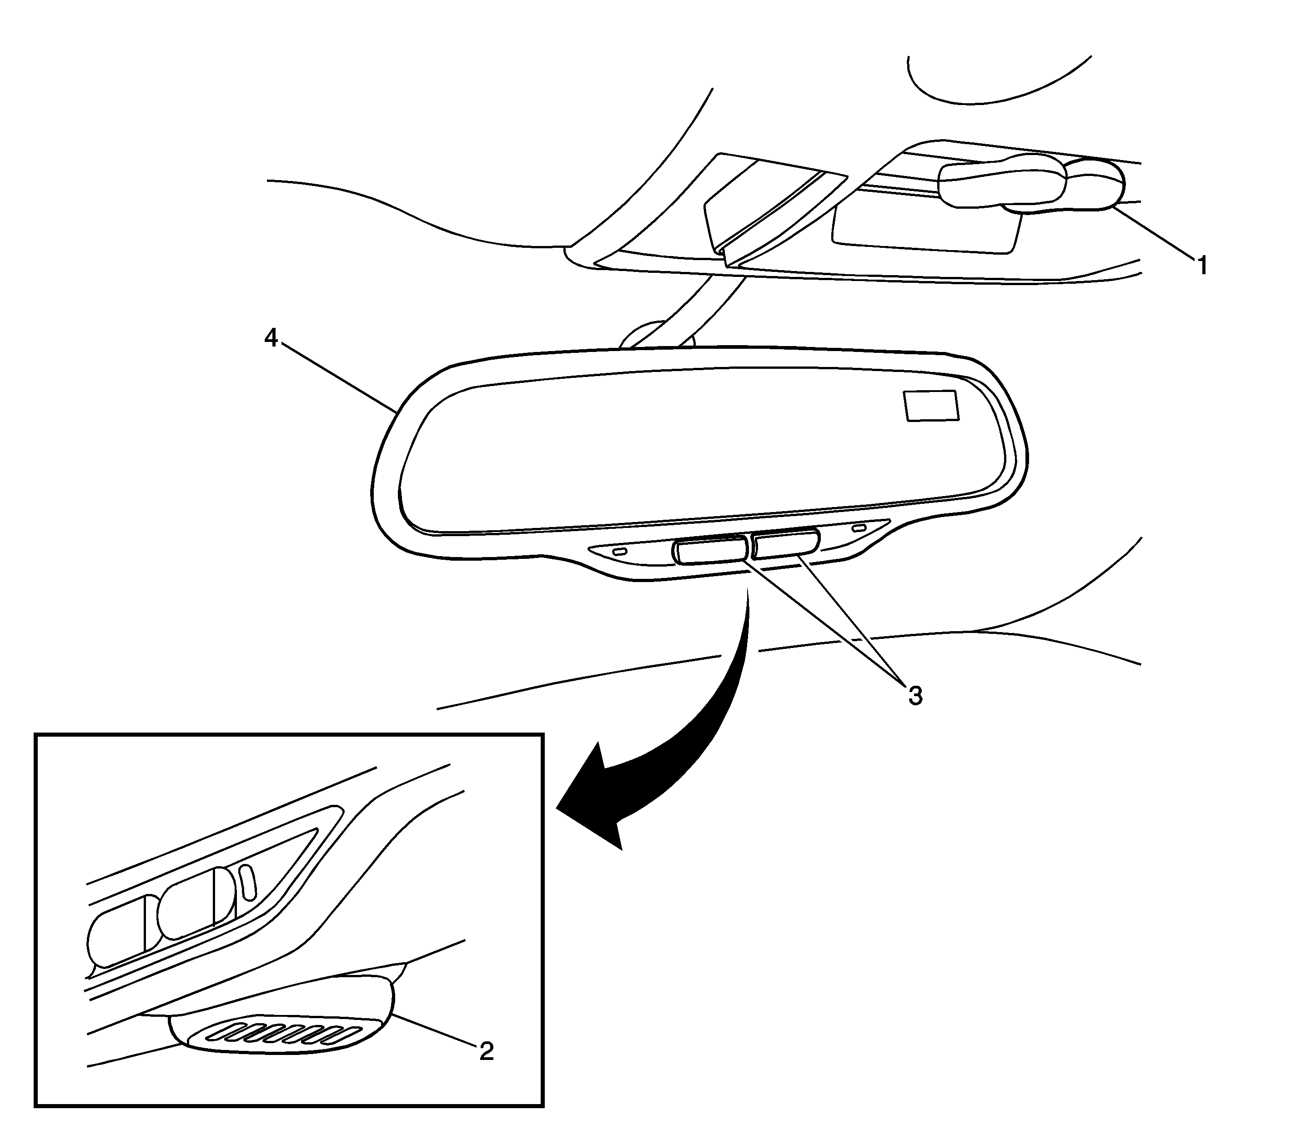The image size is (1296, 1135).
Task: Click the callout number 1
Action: click(x=1201, y=266)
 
